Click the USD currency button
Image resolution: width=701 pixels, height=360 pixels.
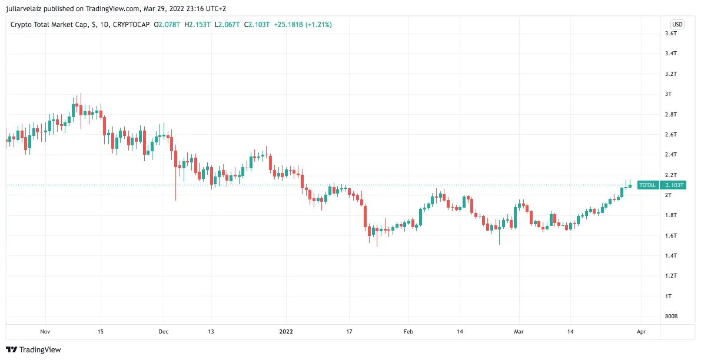pos(677,24)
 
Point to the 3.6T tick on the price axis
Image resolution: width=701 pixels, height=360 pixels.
pos(670,34)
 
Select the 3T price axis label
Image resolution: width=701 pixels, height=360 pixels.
pos(668,94)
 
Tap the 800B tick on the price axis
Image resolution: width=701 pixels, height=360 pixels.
pos(671,316)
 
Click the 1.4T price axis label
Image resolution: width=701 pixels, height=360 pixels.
pos(670,255)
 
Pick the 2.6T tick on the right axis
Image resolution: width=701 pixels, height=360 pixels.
pos(670,135)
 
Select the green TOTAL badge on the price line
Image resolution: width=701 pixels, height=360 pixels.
pos(647,185)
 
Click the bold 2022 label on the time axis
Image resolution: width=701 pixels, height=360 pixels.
pos(287,332)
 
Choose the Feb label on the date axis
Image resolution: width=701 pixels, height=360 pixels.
pos(408,332)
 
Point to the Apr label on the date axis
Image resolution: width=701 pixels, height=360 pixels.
pos(641,332)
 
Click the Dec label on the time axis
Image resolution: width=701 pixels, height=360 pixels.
pos(164,332)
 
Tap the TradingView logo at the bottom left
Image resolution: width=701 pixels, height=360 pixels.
pos(34,349)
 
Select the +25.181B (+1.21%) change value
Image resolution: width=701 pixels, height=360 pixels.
pos(303,25)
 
